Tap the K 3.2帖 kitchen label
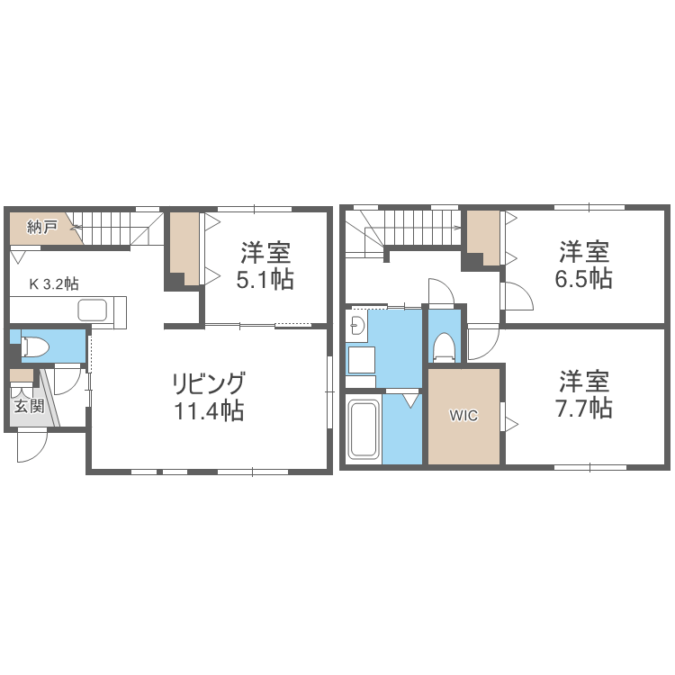(x=54, y=283)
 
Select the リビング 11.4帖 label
(x=209, y=397)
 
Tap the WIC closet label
(x=463, y=416)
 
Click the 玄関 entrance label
(x=26, y=405)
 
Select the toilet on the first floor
(x=37, y=345)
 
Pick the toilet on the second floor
(x=444, y=346)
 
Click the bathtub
(x=364, y=429)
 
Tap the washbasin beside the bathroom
(x=356, y=326)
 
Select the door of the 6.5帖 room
(x=516, y=296)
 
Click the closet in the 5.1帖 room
(x=184, y=247)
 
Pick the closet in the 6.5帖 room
(x=482, y=237)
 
